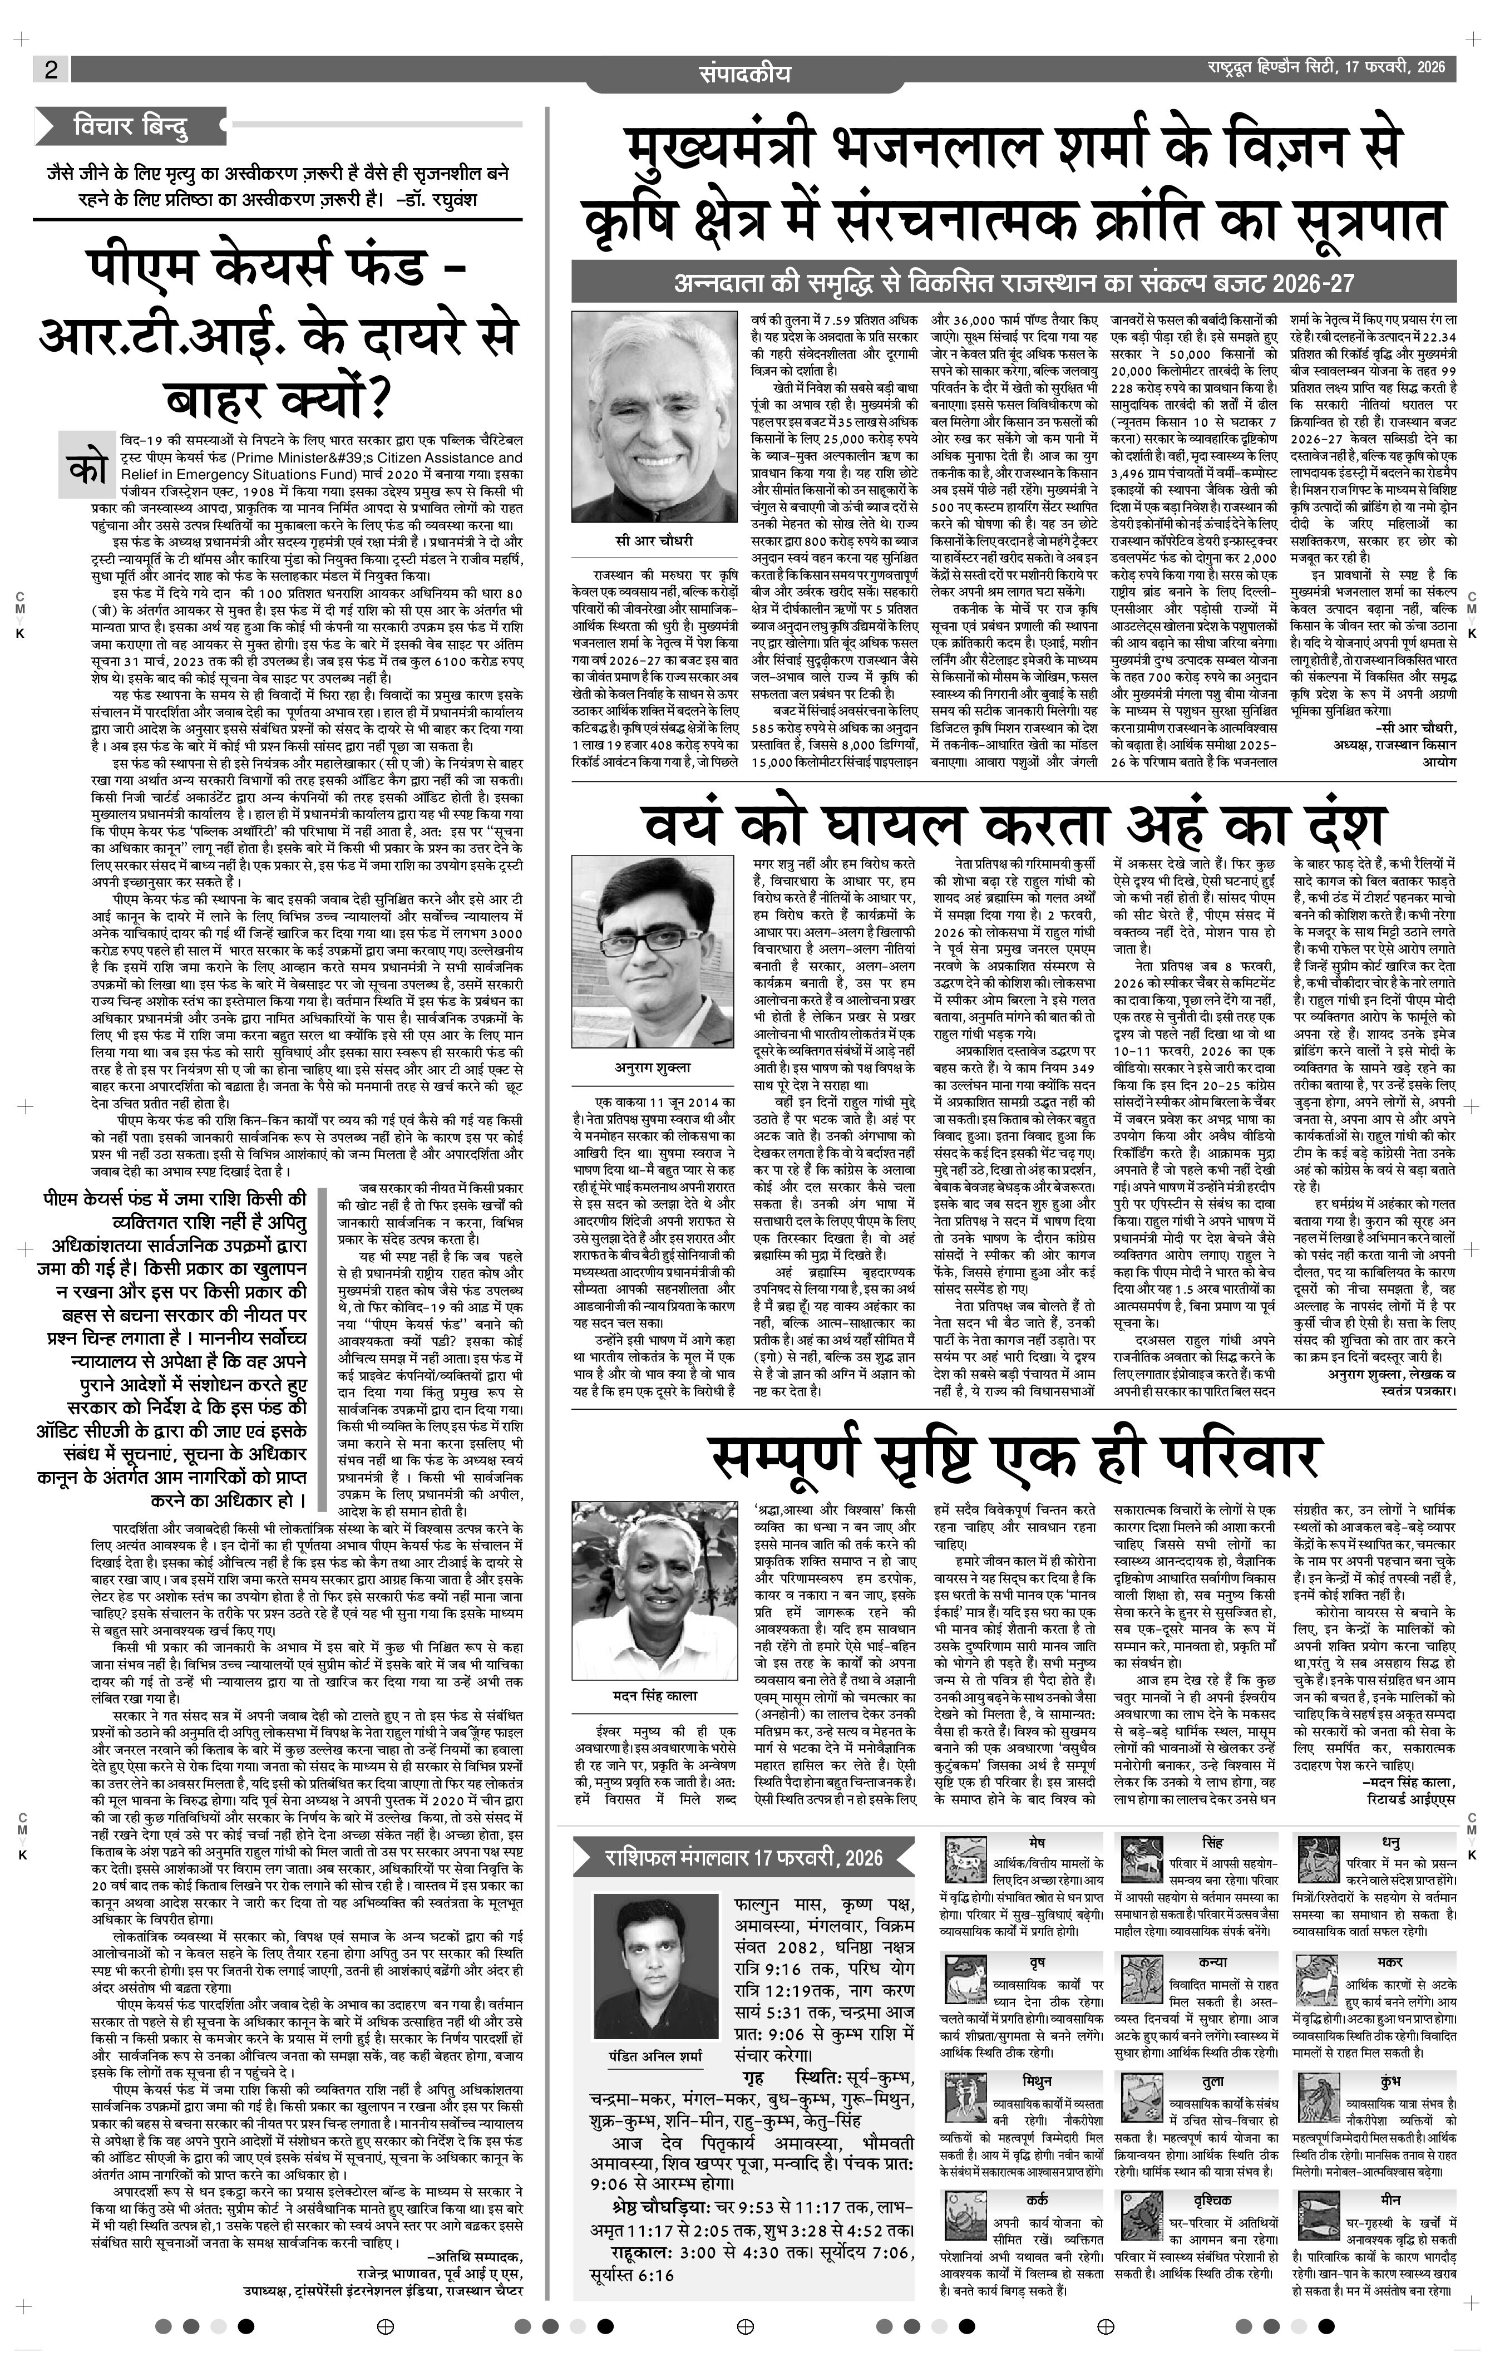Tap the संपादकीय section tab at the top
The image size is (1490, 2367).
(744, 73)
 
